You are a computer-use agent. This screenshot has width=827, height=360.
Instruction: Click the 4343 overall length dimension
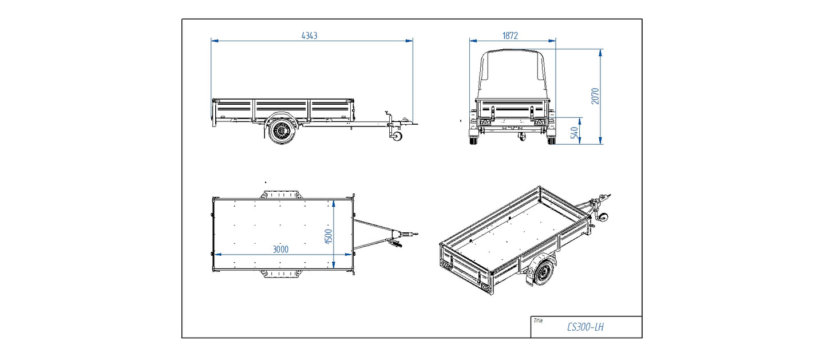point(309,35)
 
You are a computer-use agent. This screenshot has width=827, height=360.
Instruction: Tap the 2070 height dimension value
point(595,96)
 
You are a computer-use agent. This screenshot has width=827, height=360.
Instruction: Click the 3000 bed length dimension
point(280,249)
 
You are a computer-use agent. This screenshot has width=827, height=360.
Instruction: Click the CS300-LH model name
point(585,327)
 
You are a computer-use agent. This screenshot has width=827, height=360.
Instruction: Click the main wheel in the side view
point(280,132)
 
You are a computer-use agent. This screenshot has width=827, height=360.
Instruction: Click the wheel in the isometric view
point(541,273)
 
